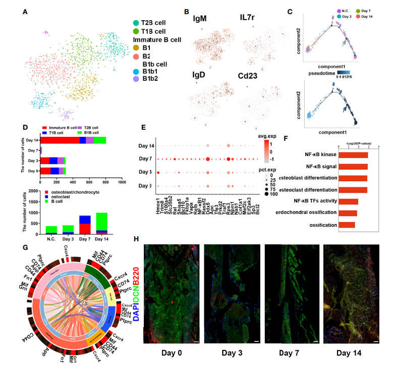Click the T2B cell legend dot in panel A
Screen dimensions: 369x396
tap(136, 23)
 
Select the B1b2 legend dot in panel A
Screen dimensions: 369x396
tap(136, 79)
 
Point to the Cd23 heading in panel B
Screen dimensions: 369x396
tap(251, 76)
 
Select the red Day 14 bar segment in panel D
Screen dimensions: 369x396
tap(60, 140)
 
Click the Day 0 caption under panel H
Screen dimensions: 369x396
tap(172, 354)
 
